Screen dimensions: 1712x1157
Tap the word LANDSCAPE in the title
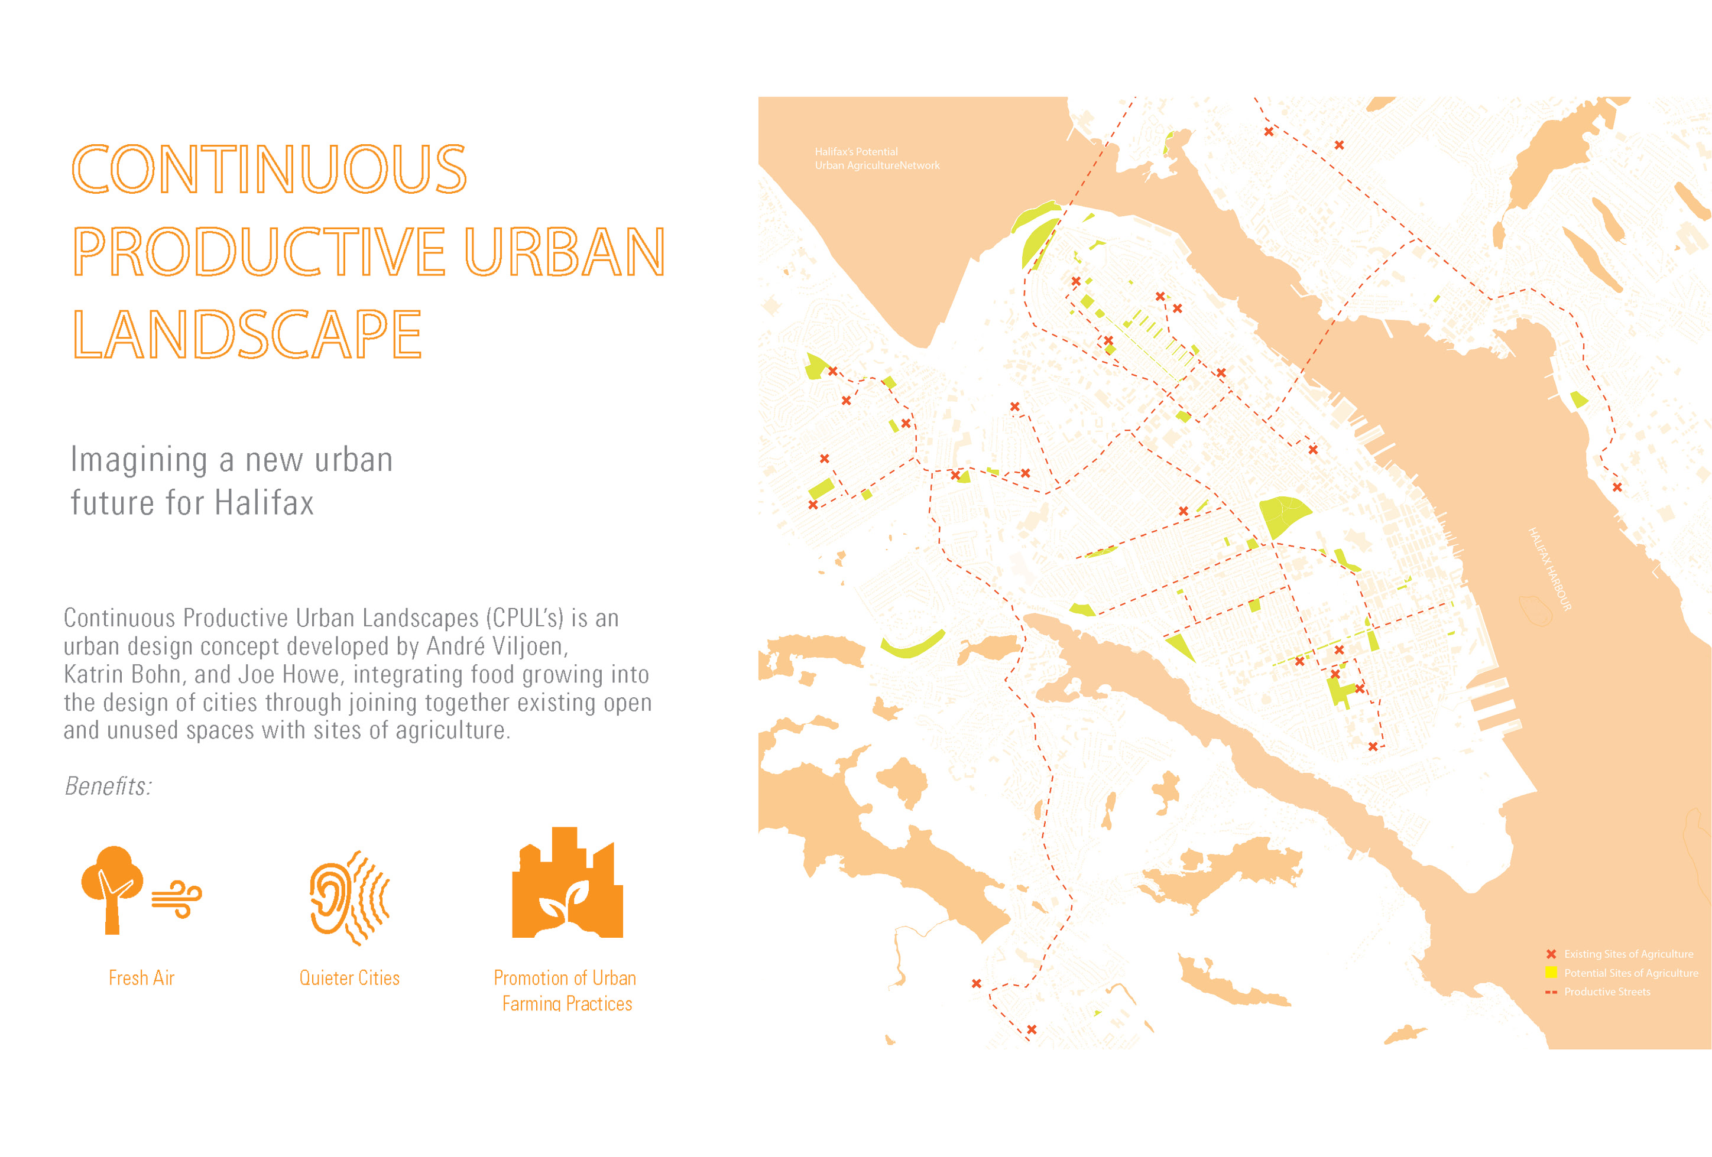247,334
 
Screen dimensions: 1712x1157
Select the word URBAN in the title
565,251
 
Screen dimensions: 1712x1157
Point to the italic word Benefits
108,786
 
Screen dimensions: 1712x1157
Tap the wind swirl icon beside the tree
177,899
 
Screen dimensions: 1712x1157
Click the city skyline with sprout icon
568,882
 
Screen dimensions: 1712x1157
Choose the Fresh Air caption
141,978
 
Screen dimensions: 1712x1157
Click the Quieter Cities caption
349,978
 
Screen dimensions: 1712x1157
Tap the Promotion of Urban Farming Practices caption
565,990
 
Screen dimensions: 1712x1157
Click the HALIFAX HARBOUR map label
1550,568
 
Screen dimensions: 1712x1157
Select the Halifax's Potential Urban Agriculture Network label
877,158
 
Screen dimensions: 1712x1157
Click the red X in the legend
1551,954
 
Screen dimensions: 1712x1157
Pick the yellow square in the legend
1551,972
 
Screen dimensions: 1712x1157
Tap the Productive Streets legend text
1607,992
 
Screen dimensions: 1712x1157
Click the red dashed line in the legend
1551,992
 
